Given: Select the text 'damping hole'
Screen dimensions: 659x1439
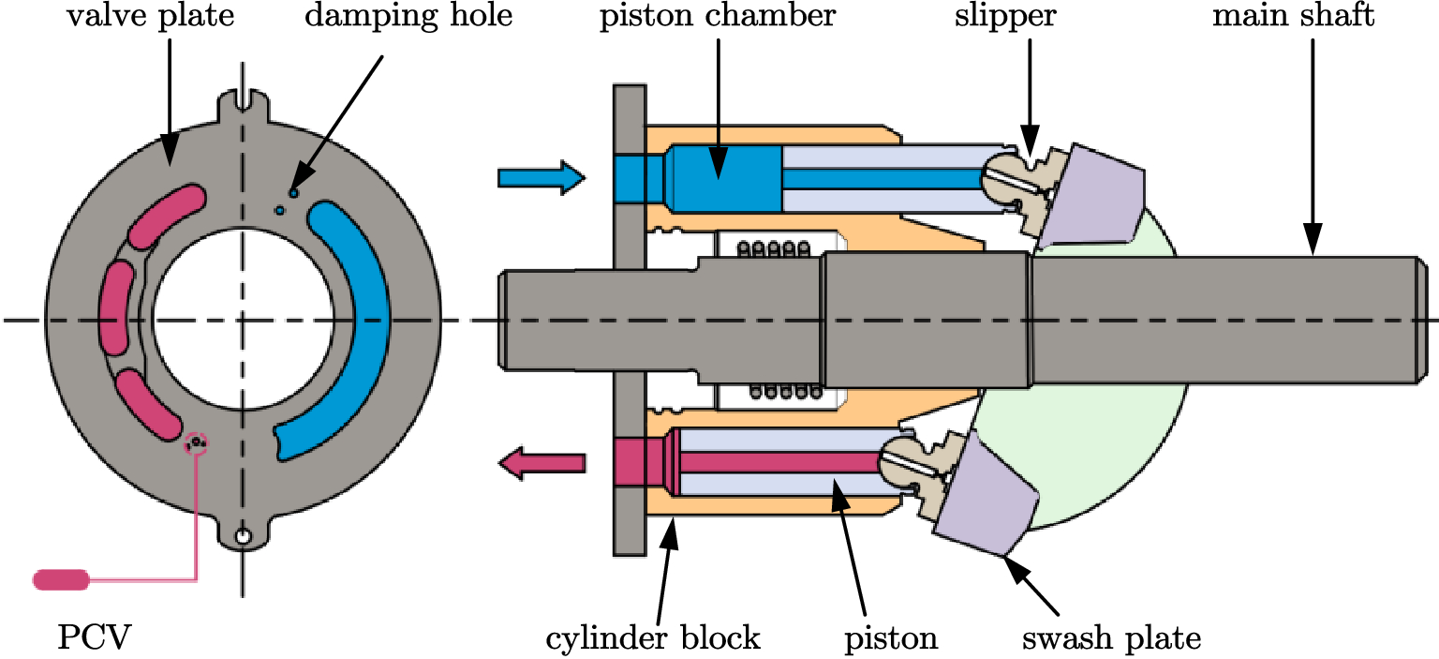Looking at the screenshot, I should pyautogui.click(x=408, y=18).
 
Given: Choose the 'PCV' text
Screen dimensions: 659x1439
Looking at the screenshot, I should pyautogui.click(x=94, y=638).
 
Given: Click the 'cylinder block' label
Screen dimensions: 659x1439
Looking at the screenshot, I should pyautogui.click(x=653, y=638).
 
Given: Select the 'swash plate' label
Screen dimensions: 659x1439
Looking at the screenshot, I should pyautogui.click(x=1110, y=638).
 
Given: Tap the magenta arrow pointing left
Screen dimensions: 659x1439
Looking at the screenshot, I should pyautogui.click(x=541, y=461).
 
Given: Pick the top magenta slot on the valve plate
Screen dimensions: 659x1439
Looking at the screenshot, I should pyautogui.click(x=166, y=215).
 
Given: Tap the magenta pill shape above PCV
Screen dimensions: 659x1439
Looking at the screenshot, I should pyautogui.click(x=61, y=579).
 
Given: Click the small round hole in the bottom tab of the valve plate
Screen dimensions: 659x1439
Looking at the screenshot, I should pyautogui.click(x=243, y=537).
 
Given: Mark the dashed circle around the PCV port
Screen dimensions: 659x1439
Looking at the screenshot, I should pyautogui.click(x=196, y=442).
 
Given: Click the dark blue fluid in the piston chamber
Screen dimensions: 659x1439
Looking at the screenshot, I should pyautogui.click(x=723, y=177).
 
